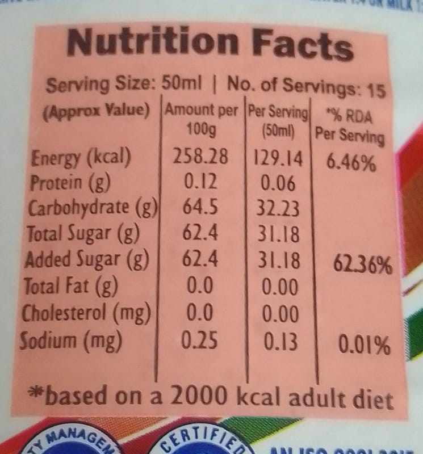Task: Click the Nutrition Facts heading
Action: point(210,45)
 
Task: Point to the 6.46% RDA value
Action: point(350,163)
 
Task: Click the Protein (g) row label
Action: point(71,183)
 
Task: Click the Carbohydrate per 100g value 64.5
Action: point(200,208)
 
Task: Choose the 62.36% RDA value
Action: point(362,265)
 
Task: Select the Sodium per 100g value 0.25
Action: point(197,340)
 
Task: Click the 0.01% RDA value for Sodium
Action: point(364,345)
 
